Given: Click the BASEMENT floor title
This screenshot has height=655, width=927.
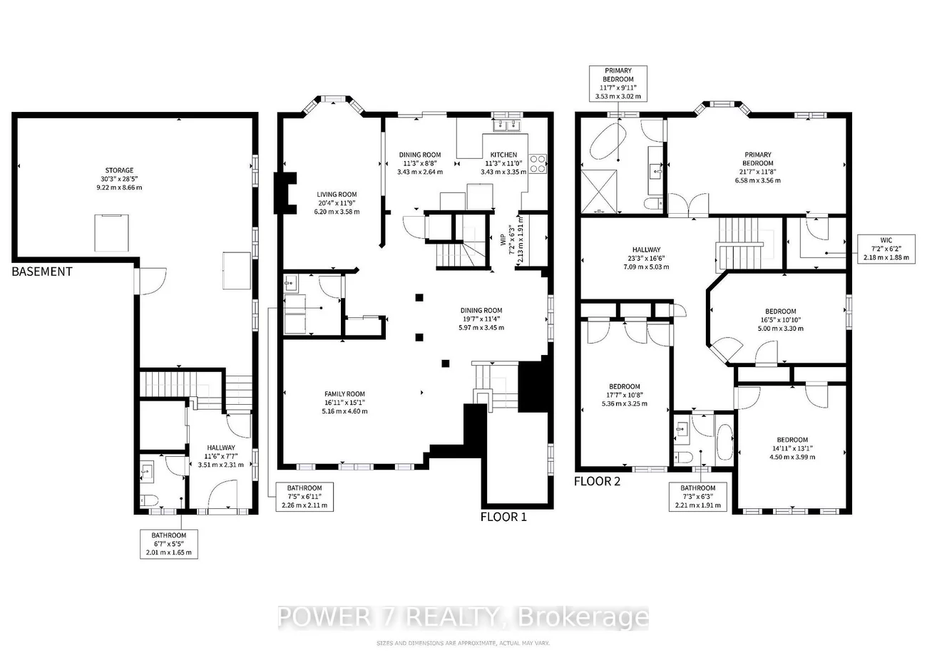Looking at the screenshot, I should [42, 272].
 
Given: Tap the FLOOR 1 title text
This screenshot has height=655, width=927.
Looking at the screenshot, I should [503, 517].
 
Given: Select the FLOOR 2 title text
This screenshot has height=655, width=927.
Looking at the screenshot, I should [598, 481].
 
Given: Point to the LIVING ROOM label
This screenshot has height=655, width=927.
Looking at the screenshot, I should [337, 202].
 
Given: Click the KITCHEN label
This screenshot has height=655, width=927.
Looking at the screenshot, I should [503, 163].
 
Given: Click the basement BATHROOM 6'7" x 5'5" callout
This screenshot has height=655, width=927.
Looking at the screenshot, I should [168, 544].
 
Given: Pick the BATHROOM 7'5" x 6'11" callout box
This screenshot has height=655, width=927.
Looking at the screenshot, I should [304, 496].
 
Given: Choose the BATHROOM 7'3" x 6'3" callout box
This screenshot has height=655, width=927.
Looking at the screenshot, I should [698, 497].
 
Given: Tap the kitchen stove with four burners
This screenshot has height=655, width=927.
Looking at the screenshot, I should [537, 164].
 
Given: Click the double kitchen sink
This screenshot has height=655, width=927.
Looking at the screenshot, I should [507, 125].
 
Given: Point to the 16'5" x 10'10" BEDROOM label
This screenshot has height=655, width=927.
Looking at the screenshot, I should [780, 320].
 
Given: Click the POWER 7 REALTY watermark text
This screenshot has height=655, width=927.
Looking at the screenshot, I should [463, 617].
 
